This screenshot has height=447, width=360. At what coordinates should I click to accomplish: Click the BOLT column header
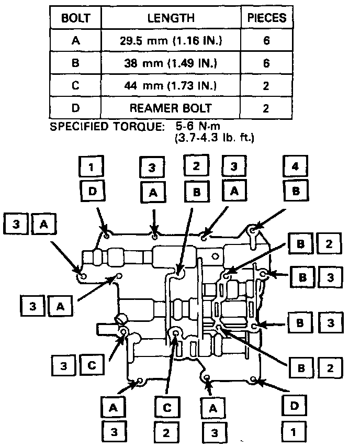[76, 18]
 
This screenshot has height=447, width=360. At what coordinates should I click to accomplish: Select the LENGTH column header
[171, 18]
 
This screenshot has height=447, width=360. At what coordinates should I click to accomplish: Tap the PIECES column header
[266, 18]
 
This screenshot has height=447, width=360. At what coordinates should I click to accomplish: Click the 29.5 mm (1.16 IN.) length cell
[171, 41]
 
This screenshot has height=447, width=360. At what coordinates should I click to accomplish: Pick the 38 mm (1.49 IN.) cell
[171, 63]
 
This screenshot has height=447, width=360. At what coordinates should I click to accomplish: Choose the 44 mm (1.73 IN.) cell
[171, 86]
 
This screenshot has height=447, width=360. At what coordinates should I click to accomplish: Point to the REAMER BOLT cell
[171, 108]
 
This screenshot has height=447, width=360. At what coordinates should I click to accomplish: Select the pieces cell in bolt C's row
[266, 86]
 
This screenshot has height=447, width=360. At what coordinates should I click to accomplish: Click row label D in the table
[76, 108]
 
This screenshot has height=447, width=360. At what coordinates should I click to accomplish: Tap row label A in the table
[76, 41]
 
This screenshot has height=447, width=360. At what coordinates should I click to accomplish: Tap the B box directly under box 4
[296, 192]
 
